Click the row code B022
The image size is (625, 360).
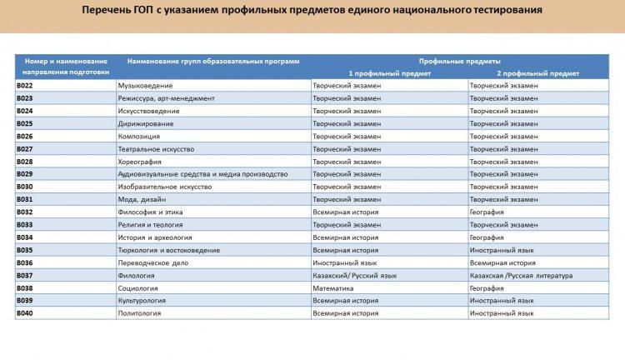click(x=25, y=85)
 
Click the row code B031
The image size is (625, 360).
click(x=25, y=199)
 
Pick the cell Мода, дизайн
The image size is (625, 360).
click(x=142, y=199)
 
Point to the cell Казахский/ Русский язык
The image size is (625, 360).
click(x=354, y=275)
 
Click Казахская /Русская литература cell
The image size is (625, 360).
click(x=521, y=275)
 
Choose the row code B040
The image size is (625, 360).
click(x=25, y=313)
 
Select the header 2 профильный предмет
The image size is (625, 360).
click(x=537, y=72)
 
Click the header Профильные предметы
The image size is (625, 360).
click(x=460, y=61)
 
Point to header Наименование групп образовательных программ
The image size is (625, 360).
click(x=213, y=61)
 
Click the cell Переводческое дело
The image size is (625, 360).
click(x=153, y=262)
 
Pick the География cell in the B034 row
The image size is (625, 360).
click(x=487, y=237)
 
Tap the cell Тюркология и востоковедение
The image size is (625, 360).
click(x=169, y=250)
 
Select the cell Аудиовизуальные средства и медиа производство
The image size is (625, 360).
click(x=203, y=174)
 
